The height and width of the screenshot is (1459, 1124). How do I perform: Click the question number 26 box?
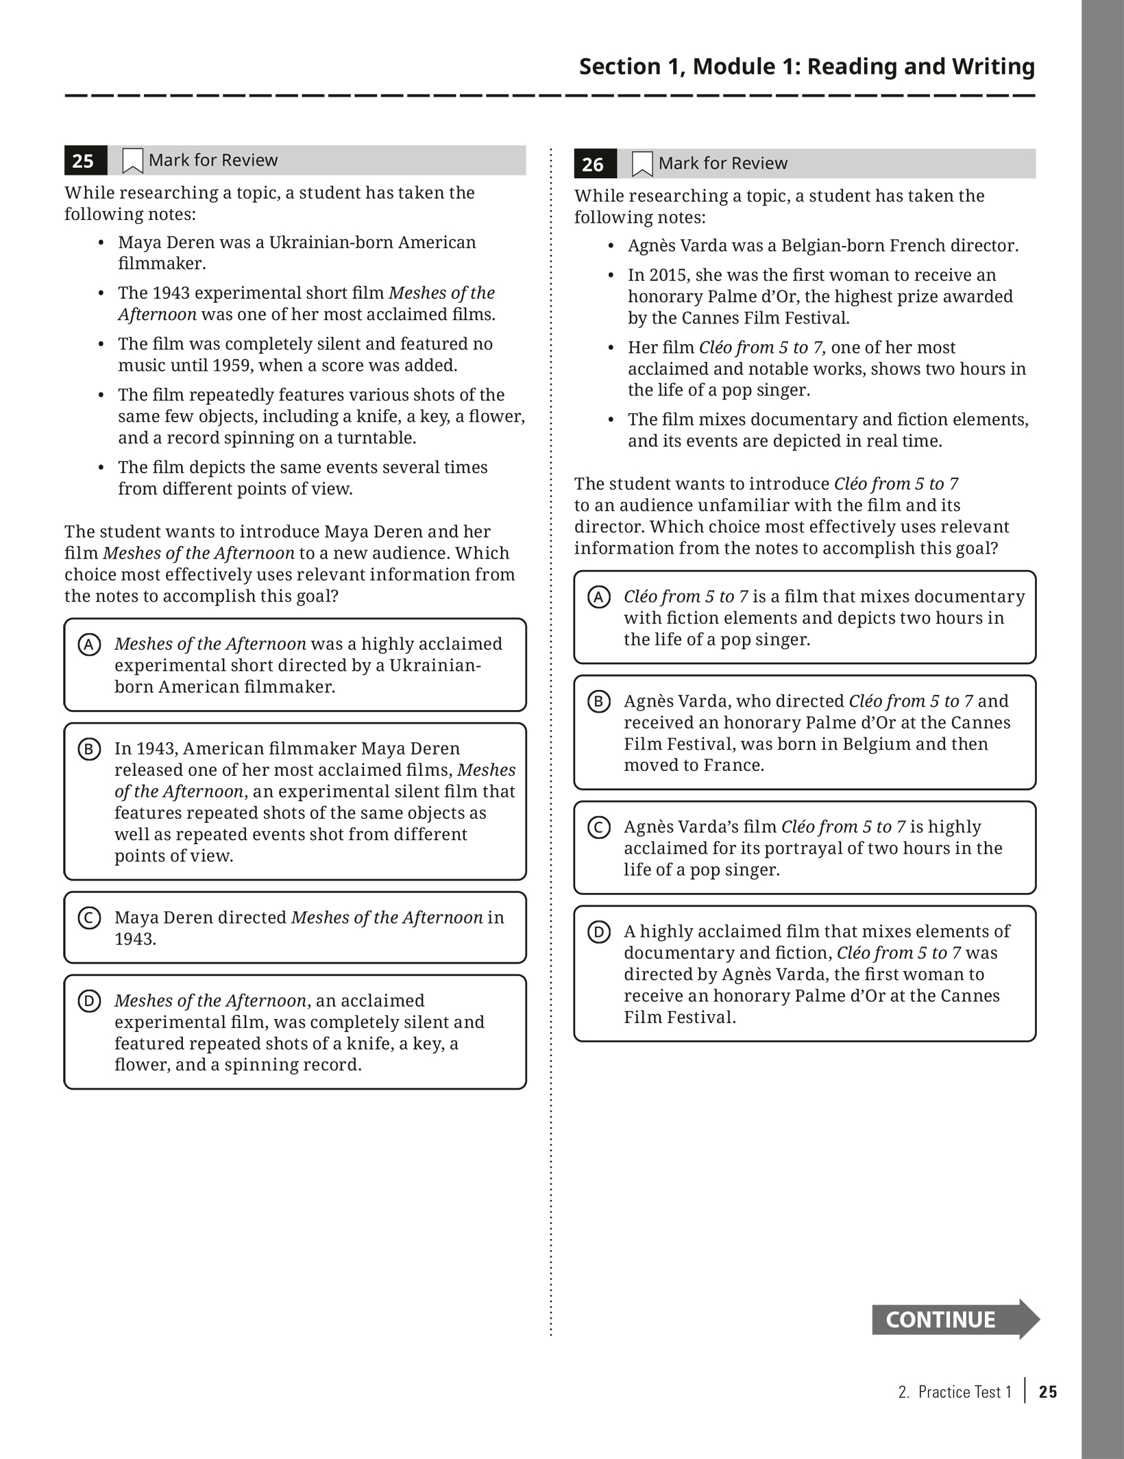coord(594,164)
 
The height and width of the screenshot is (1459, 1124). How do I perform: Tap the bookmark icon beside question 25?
coord(132,161)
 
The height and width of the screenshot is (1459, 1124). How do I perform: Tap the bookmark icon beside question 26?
coord(642,164)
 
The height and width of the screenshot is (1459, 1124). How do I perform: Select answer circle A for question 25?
coord(89,645)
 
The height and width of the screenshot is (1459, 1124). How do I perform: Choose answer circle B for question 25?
coord(89,749)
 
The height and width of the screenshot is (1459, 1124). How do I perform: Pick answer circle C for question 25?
coord(89,918)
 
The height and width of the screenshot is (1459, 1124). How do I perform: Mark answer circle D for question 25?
coord(89,1001)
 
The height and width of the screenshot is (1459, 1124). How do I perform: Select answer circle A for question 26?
coord(599,598)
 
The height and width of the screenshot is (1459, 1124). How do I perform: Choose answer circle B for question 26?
coord(599,702)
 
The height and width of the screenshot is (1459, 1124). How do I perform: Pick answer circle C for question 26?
coord(599,828)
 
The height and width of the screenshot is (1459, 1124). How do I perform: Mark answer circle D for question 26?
coord(599,932)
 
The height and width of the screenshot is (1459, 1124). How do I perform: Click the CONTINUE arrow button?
coord(953,1319)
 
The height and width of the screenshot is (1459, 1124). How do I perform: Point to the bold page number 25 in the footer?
coord(1048,1392)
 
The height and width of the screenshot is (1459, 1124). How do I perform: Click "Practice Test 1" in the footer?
coord(964,1392)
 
